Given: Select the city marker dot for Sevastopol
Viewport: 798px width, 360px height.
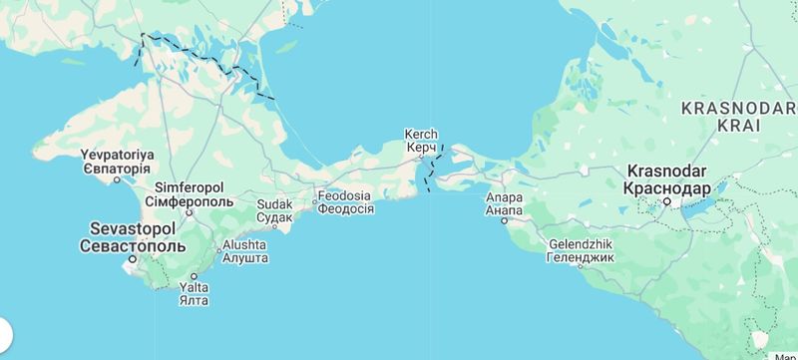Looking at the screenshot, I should [x=131, y=260].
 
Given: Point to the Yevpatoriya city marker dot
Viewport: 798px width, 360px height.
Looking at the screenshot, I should [x=117, y=180].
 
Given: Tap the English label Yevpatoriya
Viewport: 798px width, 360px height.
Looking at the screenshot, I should [x=117, y=155].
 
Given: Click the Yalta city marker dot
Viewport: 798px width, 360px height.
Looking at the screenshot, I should [x=194, y=276].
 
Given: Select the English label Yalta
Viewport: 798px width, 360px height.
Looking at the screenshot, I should [x=194, y=287].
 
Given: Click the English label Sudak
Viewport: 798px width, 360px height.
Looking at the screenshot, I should [x=274, y=203].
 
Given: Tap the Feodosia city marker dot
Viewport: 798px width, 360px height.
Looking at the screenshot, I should [x=314, y=202].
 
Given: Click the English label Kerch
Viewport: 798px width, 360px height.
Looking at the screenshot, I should [x=421, y=134].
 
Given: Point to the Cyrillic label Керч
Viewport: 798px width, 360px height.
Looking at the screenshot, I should [x=421, y=148].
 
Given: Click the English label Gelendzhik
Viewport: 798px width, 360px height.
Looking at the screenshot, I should [x=581, y=244].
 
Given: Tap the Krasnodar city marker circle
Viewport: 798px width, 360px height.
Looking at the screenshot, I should [x=667, y=202].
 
